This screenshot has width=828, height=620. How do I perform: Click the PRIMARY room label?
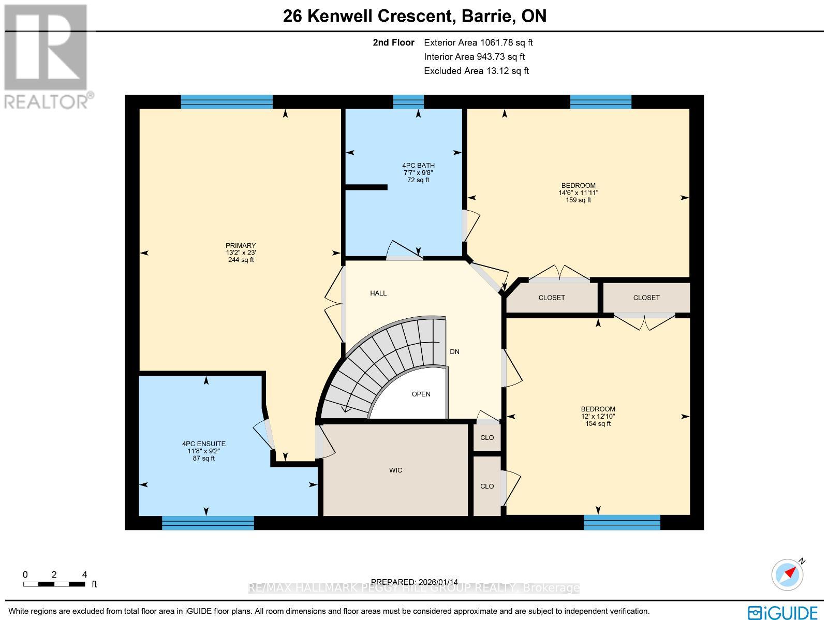click(240, 246)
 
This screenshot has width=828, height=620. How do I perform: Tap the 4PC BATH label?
click(418, 166)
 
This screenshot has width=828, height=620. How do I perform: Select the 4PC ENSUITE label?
click(203, 444)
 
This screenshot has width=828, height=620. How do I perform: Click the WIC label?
click(395, 470)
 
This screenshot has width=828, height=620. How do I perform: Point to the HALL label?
click(378, 293)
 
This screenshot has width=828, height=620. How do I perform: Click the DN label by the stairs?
click(454, 352)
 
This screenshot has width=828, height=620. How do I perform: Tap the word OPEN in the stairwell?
click(421, 394)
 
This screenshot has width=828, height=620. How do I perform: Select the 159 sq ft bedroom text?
click(578, 200)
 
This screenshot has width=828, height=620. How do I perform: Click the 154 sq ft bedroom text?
click(598, 424)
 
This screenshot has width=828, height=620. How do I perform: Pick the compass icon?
click(787, 575)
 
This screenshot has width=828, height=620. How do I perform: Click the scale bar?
click(54, 584)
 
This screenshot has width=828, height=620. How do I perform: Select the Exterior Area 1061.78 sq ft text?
click(478, 43)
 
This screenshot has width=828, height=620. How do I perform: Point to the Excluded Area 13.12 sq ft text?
click(476, 71)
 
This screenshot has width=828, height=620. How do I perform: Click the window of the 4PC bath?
click(408, 102)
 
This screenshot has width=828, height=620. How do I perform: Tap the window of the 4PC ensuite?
click(208, 523)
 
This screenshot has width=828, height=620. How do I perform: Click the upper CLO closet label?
click(487, 438)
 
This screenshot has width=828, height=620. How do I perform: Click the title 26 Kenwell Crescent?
click(415, 16)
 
